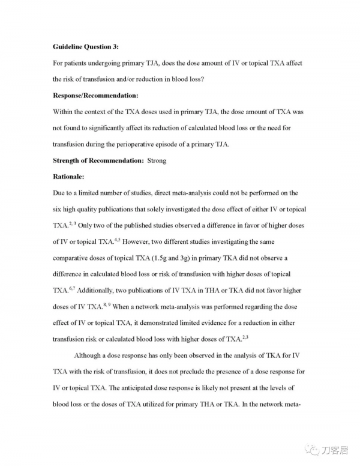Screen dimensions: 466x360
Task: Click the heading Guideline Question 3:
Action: (85, 46)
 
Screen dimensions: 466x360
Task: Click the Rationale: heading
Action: (69, 177)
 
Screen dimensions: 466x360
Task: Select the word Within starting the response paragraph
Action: (64, 112)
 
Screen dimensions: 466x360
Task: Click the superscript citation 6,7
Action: (70, 288)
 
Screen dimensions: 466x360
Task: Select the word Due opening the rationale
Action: (59, 193)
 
